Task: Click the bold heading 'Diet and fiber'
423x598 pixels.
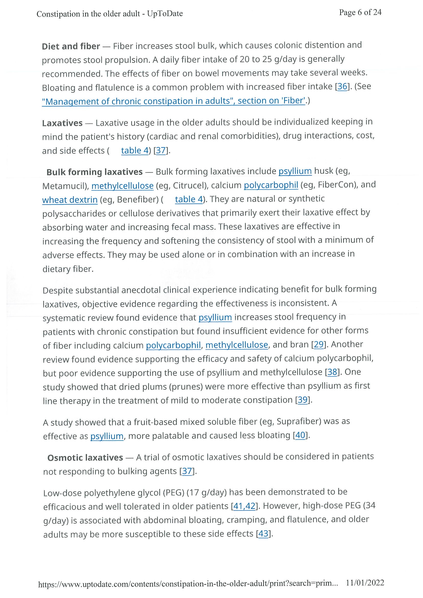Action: click(71, 46)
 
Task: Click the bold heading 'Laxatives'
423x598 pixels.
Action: click(62, 123)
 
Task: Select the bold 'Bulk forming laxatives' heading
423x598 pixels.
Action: click(94, 172)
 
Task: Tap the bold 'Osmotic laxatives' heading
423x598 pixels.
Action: click(85, 458)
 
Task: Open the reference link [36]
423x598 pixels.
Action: click(342, 86)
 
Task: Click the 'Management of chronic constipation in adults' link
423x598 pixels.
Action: click(173, 101)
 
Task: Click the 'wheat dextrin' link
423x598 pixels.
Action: click(70, 200)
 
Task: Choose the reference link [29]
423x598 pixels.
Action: click(318, 344)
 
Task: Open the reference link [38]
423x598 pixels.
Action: click(332, 372)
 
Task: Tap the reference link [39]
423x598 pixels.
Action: click(303, 400)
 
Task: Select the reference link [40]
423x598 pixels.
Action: click(300, 435)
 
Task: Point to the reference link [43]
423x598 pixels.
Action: click(263, 534)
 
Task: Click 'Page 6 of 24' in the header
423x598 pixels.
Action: click(360, 12)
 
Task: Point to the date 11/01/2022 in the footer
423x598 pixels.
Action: click(365, 583)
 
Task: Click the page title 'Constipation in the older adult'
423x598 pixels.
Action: click(88, 14)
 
